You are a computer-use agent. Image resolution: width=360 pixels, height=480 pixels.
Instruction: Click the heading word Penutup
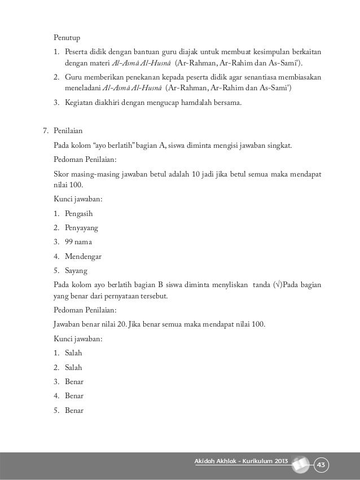(x=67, y=38)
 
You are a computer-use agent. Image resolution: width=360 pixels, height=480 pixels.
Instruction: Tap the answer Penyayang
(x=81, y=228)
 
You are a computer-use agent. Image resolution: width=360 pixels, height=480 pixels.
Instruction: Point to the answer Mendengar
(x=83, y=256)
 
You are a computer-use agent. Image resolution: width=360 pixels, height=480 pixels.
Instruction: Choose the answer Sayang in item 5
(x=76, y=270)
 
